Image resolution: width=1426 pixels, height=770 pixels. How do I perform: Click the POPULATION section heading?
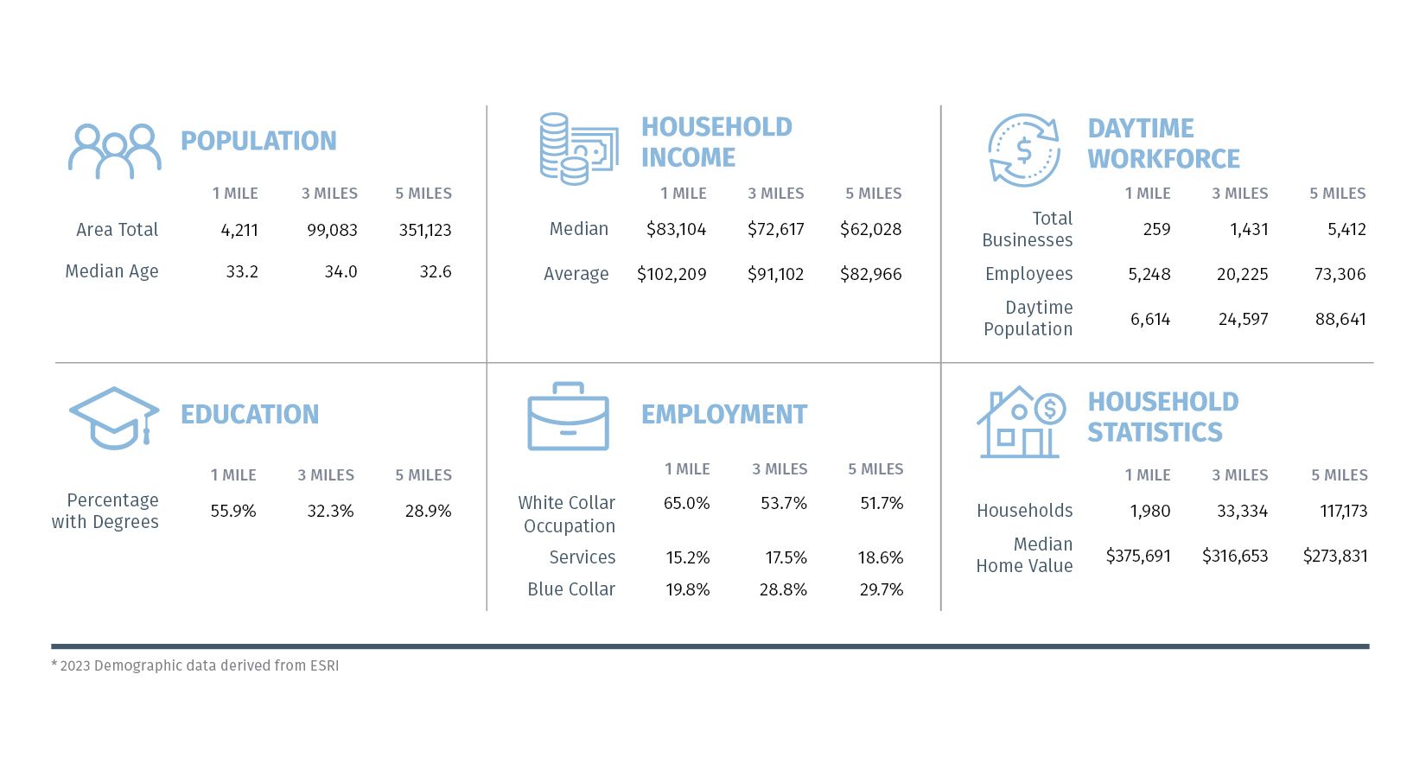point(258,141)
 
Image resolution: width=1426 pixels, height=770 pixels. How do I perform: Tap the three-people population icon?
point(115,151)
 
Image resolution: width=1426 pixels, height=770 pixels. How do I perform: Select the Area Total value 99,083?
point(332,230)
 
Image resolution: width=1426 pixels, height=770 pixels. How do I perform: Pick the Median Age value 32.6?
point(436,271)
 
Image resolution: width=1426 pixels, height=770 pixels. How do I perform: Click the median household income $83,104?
point(676,229)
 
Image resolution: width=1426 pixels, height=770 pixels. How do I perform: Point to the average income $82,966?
point(870,274)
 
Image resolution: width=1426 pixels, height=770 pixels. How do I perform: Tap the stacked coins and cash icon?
point(578,149)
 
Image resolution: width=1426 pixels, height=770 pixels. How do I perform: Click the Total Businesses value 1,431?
point(1249,229)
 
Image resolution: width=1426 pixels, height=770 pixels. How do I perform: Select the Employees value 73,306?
point(1340,274)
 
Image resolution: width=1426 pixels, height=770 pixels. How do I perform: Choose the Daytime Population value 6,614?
point(1150,319)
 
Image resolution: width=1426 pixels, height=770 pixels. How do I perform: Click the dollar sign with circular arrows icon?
point(1024,150)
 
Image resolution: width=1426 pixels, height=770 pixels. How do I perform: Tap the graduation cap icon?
point(114,417)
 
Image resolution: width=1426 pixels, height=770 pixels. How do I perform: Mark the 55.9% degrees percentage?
point(233,511)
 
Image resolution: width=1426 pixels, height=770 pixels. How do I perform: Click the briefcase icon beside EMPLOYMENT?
point(568,417)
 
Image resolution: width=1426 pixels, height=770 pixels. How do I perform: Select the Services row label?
point(582,557)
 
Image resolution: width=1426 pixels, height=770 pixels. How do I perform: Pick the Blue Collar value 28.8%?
point(783,589)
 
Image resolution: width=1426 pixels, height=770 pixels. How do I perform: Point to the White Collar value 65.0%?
point(686,503)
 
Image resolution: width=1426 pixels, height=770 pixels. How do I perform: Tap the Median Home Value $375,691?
point(1138,556)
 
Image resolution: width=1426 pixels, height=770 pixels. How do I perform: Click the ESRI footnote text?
point(195,665)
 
